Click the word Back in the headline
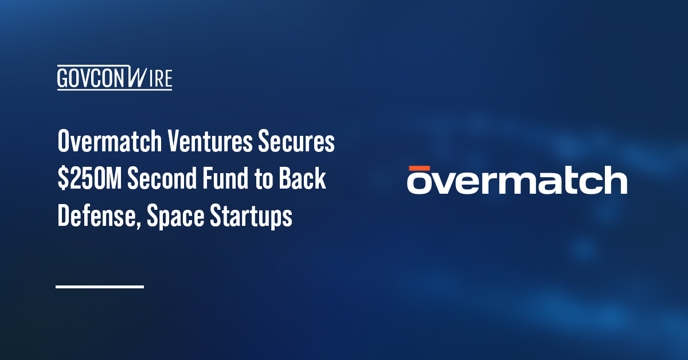tap(304, 180)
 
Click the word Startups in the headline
tap(254, 217)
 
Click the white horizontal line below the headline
tap(99, 286)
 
